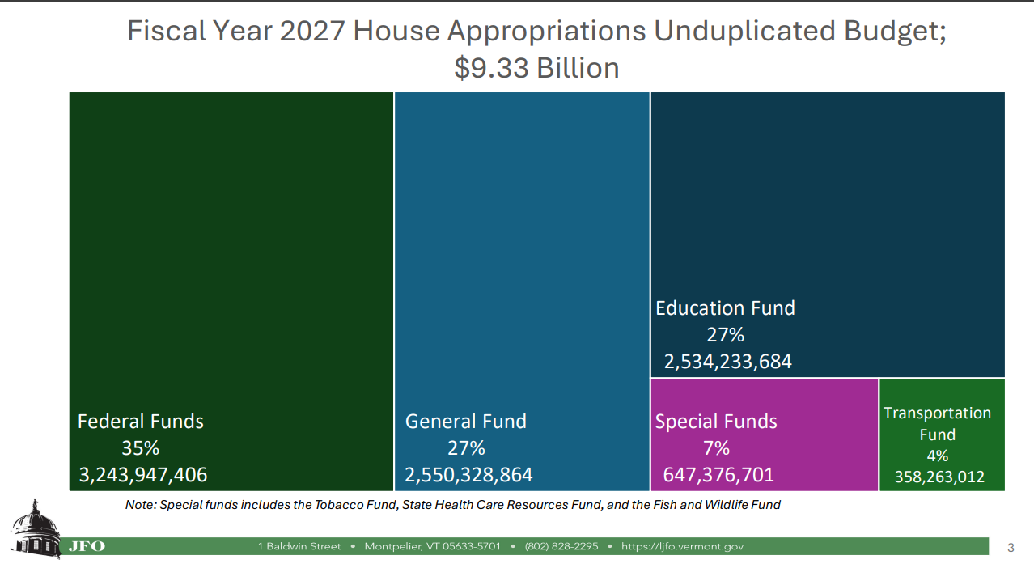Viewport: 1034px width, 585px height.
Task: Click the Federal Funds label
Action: tap(140, 422)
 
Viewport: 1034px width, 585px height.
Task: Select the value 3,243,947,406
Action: tap(142, 475)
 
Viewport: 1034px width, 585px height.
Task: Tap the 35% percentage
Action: tap(140, 448)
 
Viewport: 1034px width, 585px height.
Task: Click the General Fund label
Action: tap(465, 422)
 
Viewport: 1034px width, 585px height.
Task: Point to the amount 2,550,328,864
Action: tap(468, 475)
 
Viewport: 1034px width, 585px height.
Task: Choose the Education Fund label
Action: tap(725, 308)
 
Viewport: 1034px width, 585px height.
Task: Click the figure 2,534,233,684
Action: tap(727, 362)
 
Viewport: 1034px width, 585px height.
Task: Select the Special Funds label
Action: tap(716, 422)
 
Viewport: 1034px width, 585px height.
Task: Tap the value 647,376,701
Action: tap(718, 475)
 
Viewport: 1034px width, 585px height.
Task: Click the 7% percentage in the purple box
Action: tap(716, 448)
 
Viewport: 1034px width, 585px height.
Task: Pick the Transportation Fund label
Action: tap(937, 423)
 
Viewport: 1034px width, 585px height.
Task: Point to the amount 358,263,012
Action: tap(939, 477)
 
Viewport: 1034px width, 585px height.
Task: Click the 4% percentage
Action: tap(937, 456)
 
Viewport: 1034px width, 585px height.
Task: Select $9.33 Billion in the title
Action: tap(536, 68)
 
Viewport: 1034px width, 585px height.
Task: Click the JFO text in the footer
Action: tap(87, 546)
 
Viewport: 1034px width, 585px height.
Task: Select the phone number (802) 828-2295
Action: tap(561, 546)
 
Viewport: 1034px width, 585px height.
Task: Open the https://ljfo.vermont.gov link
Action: tap(682, 546)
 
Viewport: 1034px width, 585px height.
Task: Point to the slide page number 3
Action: tap(1011, 548)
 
